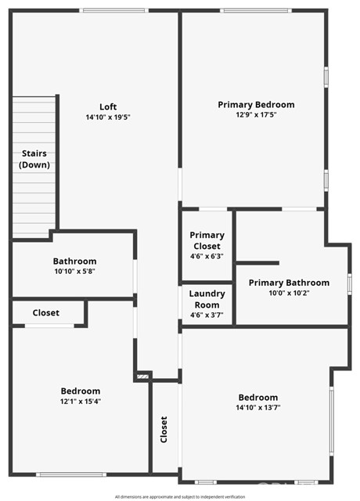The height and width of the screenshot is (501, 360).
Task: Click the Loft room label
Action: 108,106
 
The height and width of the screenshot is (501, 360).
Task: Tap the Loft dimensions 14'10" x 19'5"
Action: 108,117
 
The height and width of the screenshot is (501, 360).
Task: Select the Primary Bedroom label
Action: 256,105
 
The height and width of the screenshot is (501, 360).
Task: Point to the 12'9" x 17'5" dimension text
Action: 256,115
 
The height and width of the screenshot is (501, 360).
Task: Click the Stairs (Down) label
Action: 34,159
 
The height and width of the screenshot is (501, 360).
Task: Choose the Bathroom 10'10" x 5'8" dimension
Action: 75,272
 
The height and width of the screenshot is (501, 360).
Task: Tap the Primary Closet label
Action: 207,240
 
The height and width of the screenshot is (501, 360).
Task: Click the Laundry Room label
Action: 207,299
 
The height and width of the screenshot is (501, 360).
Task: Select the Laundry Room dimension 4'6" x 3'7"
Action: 207,315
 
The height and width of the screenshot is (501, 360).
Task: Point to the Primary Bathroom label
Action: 289,283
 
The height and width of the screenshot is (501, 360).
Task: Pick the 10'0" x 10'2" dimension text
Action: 289,293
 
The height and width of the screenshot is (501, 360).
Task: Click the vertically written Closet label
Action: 164,430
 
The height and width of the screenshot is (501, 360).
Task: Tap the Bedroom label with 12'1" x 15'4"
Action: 81,391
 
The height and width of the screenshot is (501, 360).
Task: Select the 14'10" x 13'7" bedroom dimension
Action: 258,407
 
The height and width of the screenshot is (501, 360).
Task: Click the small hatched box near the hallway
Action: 142,377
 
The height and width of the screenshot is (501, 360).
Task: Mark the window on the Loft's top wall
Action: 114,10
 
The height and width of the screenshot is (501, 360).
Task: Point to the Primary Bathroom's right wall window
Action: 350,284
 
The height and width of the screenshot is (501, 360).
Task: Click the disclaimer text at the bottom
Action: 180,497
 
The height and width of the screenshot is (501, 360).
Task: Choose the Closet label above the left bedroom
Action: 46,313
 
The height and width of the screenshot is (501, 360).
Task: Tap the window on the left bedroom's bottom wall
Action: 71,475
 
